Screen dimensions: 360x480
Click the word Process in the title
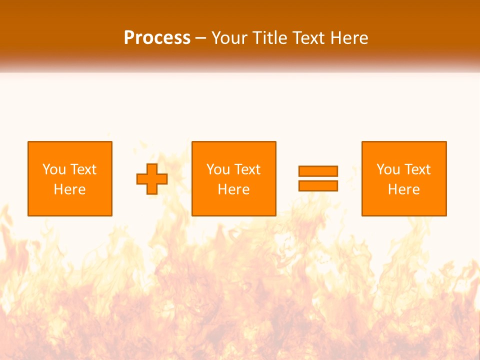tap(157, 38)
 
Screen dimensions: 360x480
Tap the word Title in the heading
tap(270, 38)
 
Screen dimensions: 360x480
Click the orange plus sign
tap(152, 179)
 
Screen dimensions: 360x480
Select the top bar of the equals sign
tap(318, 171)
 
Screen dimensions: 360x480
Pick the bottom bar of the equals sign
tap(318, 185)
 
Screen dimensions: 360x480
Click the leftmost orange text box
tap(70, 178)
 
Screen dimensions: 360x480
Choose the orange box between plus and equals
tap(234, 178)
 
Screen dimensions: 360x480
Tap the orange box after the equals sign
tap(404, 178)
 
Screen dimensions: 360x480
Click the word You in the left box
tap(53, 169)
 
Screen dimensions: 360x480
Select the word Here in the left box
tap(70, 189)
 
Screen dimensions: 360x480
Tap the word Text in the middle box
tap(247, 169)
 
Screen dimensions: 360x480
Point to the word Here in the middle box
tap(234, 189)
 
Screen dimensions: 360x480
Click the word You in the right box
tap(387, 169)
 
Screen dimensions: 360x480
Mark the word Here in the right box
tap(404, 189)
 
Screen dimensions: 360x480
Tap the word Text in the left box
tap(83, 169)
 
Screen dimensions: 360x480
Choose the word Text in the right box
tap(417, 169)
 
